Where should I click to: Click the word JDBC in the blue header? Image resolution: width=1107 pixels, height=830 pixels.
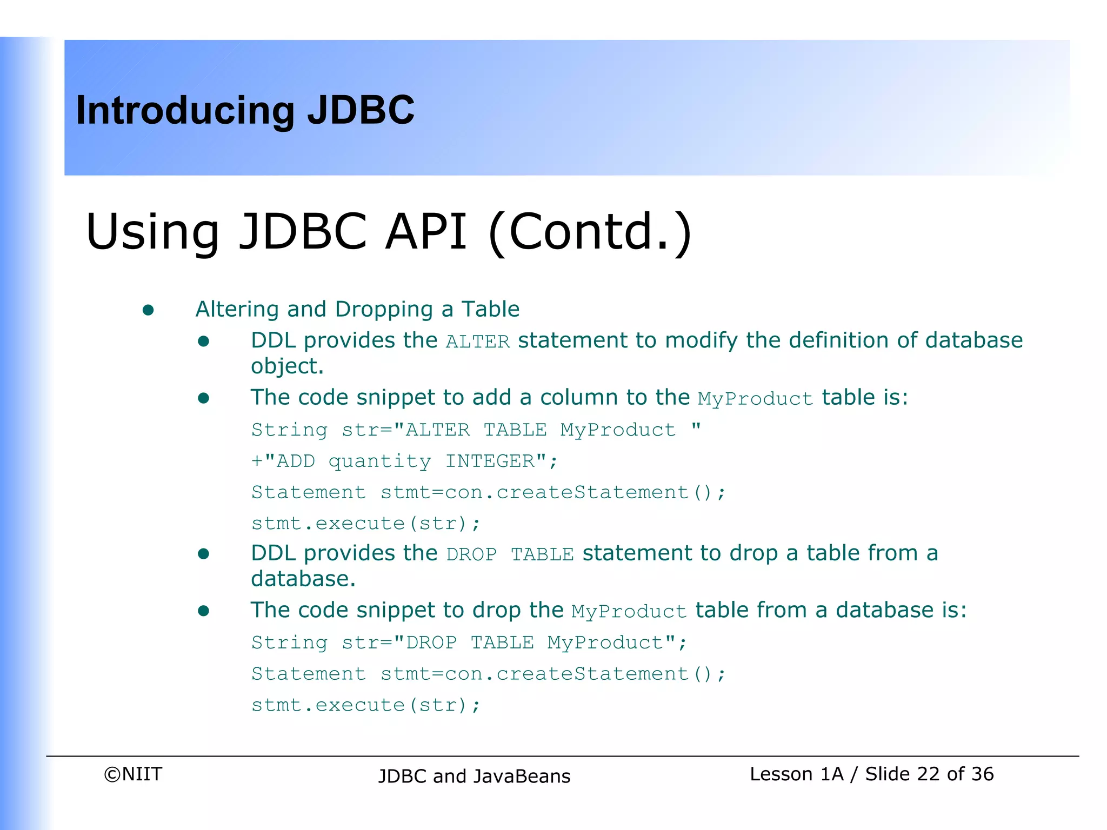coord(361,110)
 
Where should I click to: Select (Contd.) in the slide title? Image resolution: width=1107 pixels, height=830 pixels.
coord(589,232)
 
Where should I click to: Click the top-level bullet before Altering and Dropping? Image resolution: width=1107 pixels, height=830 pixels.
coord(148,310)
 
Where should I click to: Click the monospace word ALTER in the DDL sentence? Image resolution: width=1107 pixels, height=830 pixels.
coord(477,342)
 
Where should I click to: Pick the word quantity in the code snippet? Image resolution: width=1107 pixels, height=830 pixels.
coord(379,461)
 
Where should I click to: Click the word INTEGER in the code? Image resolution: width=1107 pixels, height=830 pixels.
coord(490,461)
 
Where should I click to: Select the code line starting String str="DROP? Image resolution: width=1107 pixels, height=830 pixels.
coord(469,642)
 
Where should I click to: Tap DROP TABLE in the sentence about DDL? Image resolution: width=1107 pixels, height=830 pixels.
coord(509,554)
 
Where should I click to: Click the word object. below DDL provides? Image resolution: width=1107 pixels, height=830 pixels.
coord(287,366)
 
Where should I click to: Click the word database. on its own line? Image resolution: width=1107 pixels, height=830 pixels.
coord(303,579)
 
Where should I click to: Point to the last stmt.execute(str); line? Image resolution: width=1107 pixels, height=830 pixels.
coord(365,705)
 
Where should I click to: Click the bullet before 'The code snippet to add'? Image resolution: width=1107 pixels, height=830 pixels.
coord(204,398)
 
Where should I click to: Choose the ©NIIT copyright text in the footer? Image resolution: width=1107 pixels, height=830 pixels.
coord(133,774)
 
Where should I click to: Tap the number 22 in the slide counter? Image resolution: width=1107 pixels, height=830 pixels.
coord(928,774)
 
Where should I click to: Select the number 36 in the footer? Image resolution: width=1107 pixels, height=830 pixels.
coord(982,774)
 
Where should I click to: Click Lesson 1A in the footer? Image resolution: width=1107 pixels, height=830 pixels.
coord(796,774)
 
